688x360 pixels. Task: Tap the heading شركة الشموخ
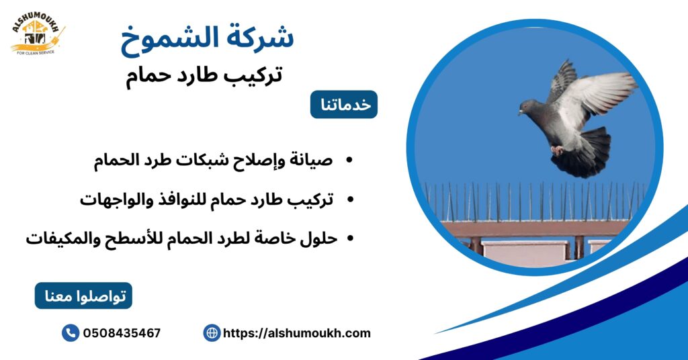[x=207, y=38]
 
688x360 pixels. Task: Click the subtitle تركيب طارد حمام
[x=204, y=75]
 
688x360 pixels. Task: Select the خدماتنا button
[x=343, y=105]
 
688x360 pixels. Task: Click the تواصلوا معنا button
[x=83, y=296]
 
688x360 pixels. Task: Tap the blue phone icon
[x=70, y=332]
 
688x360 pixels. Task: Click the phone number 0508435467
[x=122, y=333]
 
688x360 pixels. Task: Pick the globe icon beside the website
[x=212, y=332]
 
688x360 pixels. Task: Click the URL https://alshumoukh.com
[x=296, y=333]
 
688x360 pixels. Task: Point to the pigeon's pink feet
[x=557, y=150]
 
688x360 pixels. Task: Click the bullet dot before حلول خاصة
[x=350, y=238]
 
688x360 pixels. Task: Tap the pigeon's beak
[x=519, y=113]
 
